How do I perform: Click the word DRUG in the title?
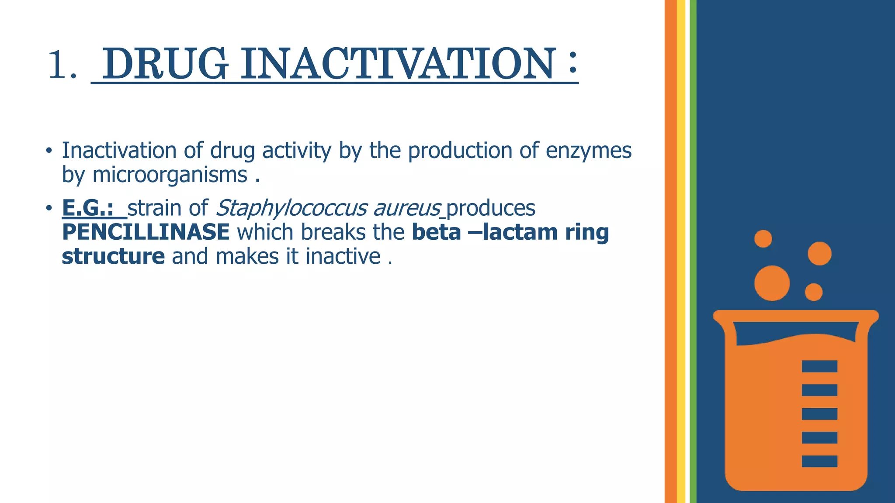point(165,64)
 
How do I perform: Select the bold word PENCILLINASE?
point(146,232)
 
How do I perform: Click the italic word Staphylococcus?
point(291,208)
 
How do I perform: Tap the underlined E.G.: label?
point(88,208)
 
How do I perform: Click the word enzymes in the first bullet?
point(588,151)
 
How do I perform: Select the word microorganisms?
point(170,175)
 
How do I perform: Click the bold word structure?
point(113,256)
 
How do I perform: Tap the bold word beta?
point(436,232)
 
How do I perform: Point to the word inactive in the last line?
point(343,256)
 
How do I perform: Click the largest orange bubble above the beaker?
point(772,283)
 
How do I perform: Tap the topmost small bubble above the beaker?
point(763,239)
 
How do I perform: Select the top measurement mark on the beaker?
point(819,366)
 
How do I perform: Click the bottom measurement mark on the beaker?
point(819,461)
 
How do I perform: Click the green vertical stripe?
point(693,251)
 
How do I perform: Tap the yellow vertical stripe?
point(681,251)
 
